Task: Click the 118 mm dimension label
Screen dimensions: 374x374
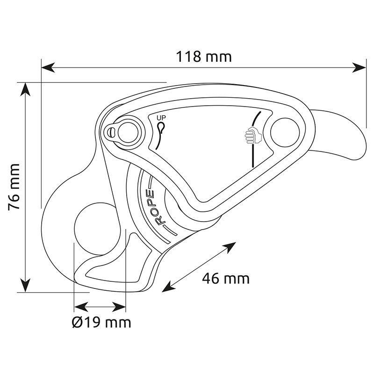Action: [x=204, y=57]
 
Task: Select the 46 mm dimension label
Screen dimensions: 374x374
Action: [x=226, y=278]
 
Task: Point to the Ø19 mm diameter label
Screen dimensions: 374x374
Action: [x=101, y=323]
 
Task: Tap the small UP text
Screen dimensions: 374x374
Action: [x=161, y=118]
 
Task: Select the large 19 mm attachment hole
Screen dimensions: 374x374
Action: [x=98, y=229]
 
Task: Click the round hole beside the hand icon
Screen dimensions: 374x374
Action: [x=285, y=132]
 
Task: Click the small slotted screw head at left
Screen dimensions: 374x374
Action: [x=110, y=132]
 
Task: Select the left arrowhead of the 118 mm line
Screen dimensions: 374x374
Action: [x=48, y=67]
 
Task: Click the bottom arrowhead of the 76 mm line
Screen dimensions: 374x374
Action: [x=25, y=285]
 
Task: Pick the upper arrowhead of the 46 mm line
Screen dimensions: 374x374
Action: [x=230, y=247]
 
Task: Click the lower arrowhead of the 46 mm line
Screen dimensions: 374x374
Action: [x=168, y=287]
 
